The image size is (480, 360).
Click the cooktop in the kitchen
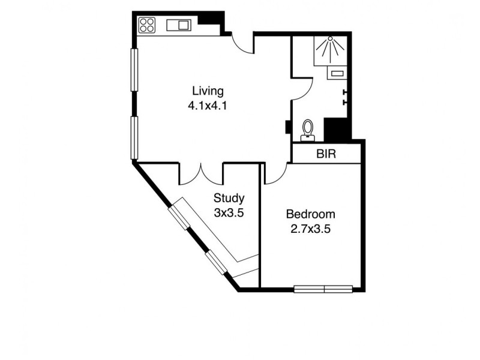(x=147, y=25)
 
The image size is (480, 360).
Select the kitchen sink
(x=178, y=25)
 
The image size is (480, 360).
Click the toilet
(x=308, y=129)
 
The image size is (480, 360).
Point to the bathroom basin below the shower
(x=336, y=74)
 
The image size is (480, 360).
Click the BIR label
(x=326, y=154)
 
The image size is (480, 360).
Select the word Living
(x=208, y=91)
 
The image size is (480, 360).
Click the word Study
(x=229, y=199)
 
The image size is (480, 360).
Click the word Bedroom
(x=310, y=214)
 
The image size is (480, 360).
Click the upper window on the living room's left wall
(x=135, y=70)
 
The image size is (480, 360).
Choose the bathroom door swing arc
(x=302, y=90)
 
